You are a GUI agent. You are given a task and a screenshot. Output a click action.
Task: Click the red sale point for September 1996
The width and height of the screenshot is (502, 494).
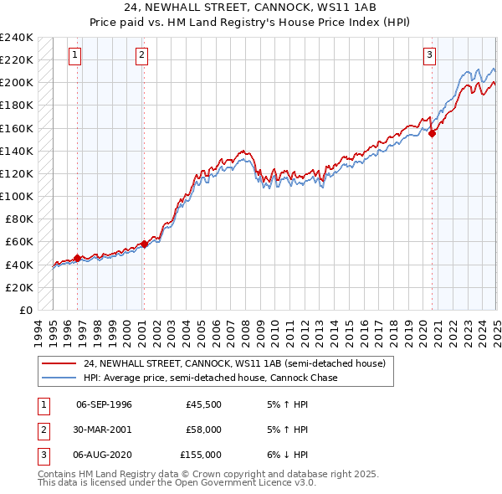tap(78, 258)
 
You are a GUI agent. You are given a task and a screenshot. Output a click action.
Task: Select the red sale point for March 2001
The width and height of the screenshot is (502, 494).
tap(144, 244)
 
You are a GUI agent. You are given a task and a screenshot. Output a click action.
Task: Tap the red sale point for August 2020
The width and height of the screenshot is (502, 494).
tap(433, 133)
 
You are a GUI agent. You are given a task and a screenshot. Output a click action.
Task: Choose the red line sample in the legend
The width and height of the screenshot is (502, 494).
tap(60, 363)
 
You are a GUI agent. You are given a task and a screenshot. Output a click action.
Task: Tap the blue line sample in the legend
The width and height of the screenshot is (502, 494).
tap(60, 378)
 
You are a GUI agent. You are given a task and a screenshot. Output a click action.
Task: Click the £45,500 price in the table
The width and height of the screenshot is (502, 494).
tap(204, 404)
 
